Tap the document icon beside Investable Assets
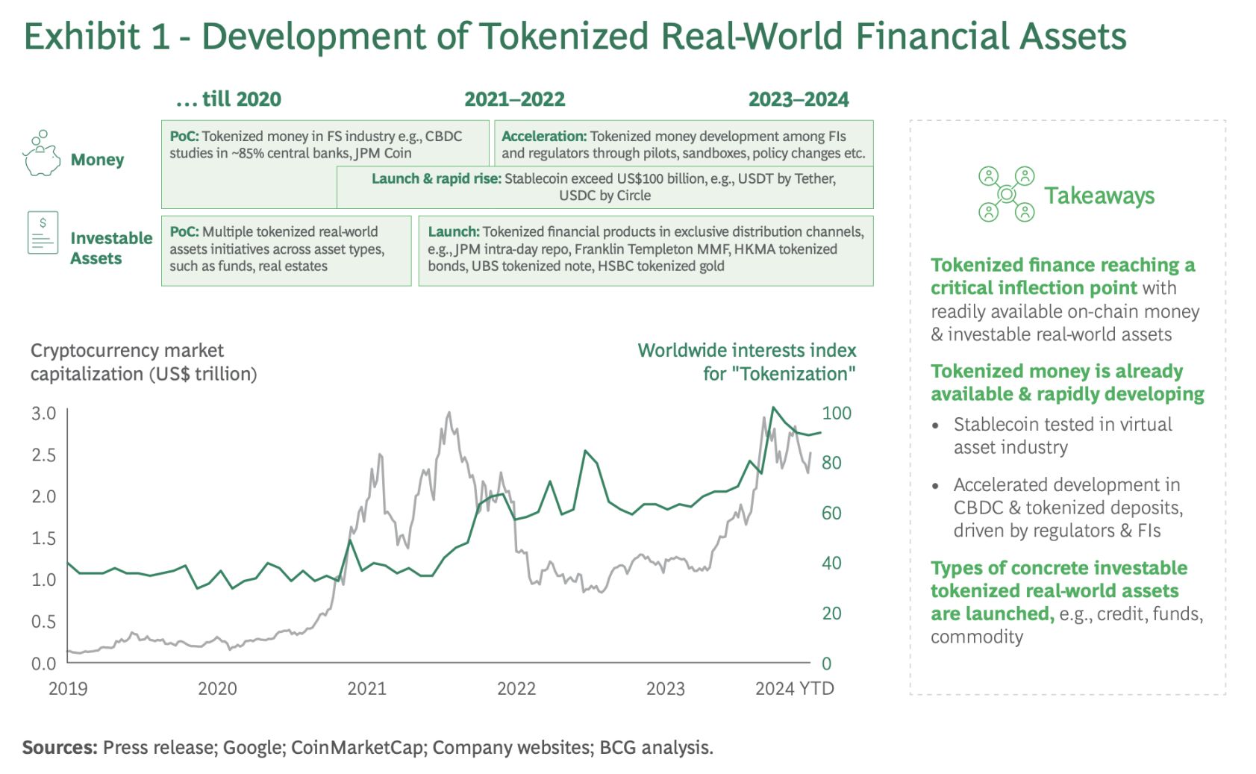43,233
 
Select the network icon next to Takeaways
1006,194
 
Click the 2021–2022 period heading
514,99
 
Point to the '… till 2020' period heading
228,99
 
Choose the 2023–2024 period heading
798,99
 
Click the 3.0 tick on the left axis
43,413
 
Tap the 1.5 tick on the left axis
43,538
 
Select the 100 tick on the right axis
836,413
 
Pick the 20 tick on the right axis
831,614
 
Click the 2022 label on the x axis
516,688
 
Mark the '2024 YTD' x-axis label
794,688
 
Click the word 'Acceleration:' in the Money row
544,137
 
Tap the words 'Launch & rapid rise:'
437,179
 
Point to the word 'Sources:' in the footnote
60,747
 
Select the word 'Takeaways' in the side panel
1099,196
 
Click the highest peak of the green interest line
773,408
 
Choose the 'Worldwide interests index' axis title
746,350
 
